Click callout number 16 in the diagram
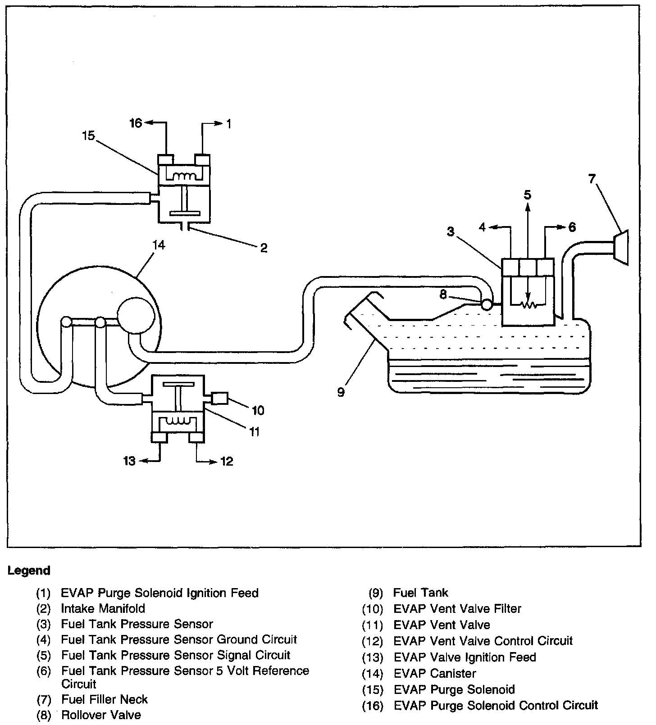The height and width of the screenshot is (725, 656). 136,123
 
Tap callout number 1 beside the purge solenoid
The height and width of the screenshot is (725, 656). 229,123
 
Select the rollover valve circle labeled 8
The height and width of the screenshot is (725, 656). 487,305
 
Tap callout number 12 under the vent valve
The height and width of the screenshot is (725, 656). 227,461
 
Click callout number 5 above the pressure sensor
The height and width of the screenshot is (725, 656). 528,195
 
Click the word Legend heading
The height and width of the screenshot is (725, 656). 29,571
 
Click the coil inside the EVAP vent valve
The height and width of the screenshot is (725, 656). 179,421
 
